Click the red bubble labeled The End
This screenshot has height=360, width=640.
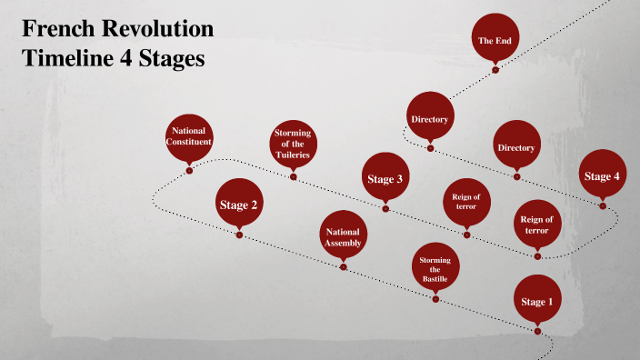pyautogui.click(x=495, y=40)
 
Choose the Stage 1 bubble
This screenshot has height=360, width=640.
pyautogui.click(x=535, y=301)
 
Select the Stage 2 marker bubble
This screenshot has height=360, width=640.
pyautogui.click(x=239, y=204)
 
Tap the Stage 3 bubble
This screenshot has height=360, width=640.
pyautogui.click(x=385, y=179)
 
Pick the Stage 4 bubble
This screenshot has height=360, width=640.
pyautogui.click(x=602, y=175)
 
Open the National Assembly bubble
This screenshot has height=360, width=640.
pyautogui.click(x=344, y=236)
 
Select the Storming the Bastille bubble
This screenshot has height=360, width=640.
pyautogui.click(x=435, y=267)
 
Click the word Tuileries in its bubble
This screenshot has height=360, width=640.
pyautogui.click(x=293, y=155)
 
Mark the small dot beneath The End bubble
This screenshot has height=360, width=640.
pyautogui.click(x=495, y=69)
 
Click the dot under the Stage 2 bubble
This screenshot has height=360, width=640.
pyautogui.click(x=239, y=235)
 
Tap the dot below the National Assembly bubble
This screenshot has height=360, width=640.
pyautogui.click(x=344, y=266)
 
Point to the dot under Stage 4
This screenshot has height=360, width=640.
pyautogui.click(x=603, y=205)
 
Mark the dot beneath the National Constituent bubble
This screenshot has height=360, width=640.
pyautogui.click(x=189, y=170)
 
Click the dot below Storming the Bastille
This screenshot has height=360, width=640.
pyautogui.click(x=435, y=298)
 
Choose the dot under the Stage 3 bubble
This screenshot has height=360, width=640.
pyautogui.click(x=385, y=209)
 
